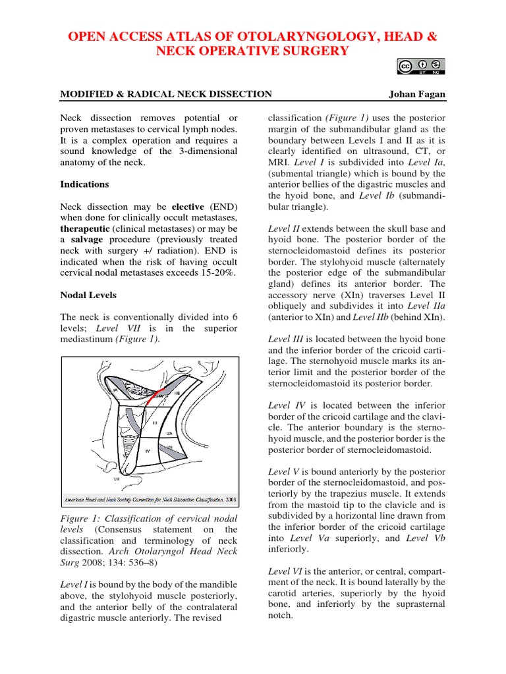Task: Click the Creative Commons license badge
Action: click(420, 66)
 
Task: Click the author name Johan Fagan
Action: click(417, 94)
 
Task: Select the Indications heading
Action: click(85, 184)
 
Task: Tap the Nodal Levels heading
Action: click(88, 295)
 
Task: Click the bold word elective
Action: click(188, 206)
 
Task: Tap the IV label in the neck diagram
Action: click(148, 451)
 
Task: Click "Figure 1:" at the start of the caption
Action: click(82, 519)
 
